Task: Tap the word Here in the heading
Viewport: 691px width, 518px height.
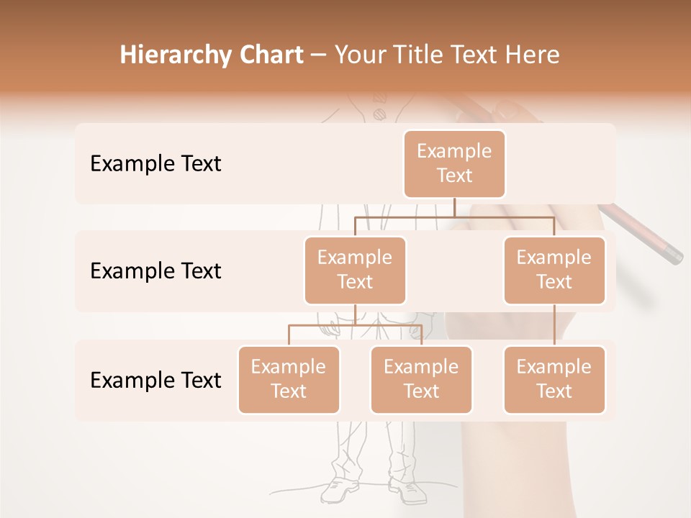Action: pyautogui.click(x=532, y=55)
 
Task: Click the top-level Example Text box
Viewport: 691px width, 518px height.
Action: pyautogui.click(x=454, y=163)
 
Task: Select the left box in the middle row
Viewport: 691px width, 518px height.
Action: pyautogui.click(x=355, y=270)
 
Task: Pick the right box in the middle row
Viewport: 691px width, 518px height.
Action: pyautogui.click(x=554, y=270)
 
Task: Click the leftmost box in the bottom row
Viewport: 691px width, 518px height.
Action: pyautogui.click(x=289, y=379)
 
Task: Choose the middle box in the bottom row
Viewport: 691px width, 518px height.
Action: pyautogui.click(x=421, y=379)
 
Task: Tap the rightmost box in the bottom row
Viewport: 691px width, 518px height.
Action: pyautogui.click(x=554, y=379)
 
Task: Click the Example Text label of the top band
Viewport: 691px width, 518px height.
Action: pyautogui.click(x=155, y=164)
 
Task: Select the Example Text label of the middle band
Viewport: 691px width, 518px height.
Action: pyautogui.click(x=155, y=271)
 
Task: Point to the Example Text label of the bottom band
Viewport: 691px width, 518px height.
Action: pyautogui.click(x=155, y=380)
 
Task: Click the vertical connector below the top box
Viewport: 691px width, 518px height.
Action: pyautogui.click(x=454, y=207)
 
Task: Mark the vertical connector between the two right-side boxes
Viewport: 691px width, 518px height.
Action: pyautogui.click(x=554, y=325)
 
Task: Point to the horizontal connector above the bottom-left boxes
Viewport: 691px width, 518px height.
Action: pyautogui.click(x=355, y=325)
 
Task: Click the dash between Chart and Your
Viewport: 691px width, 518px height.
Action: pyautogui.click(x=319, y=55)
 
